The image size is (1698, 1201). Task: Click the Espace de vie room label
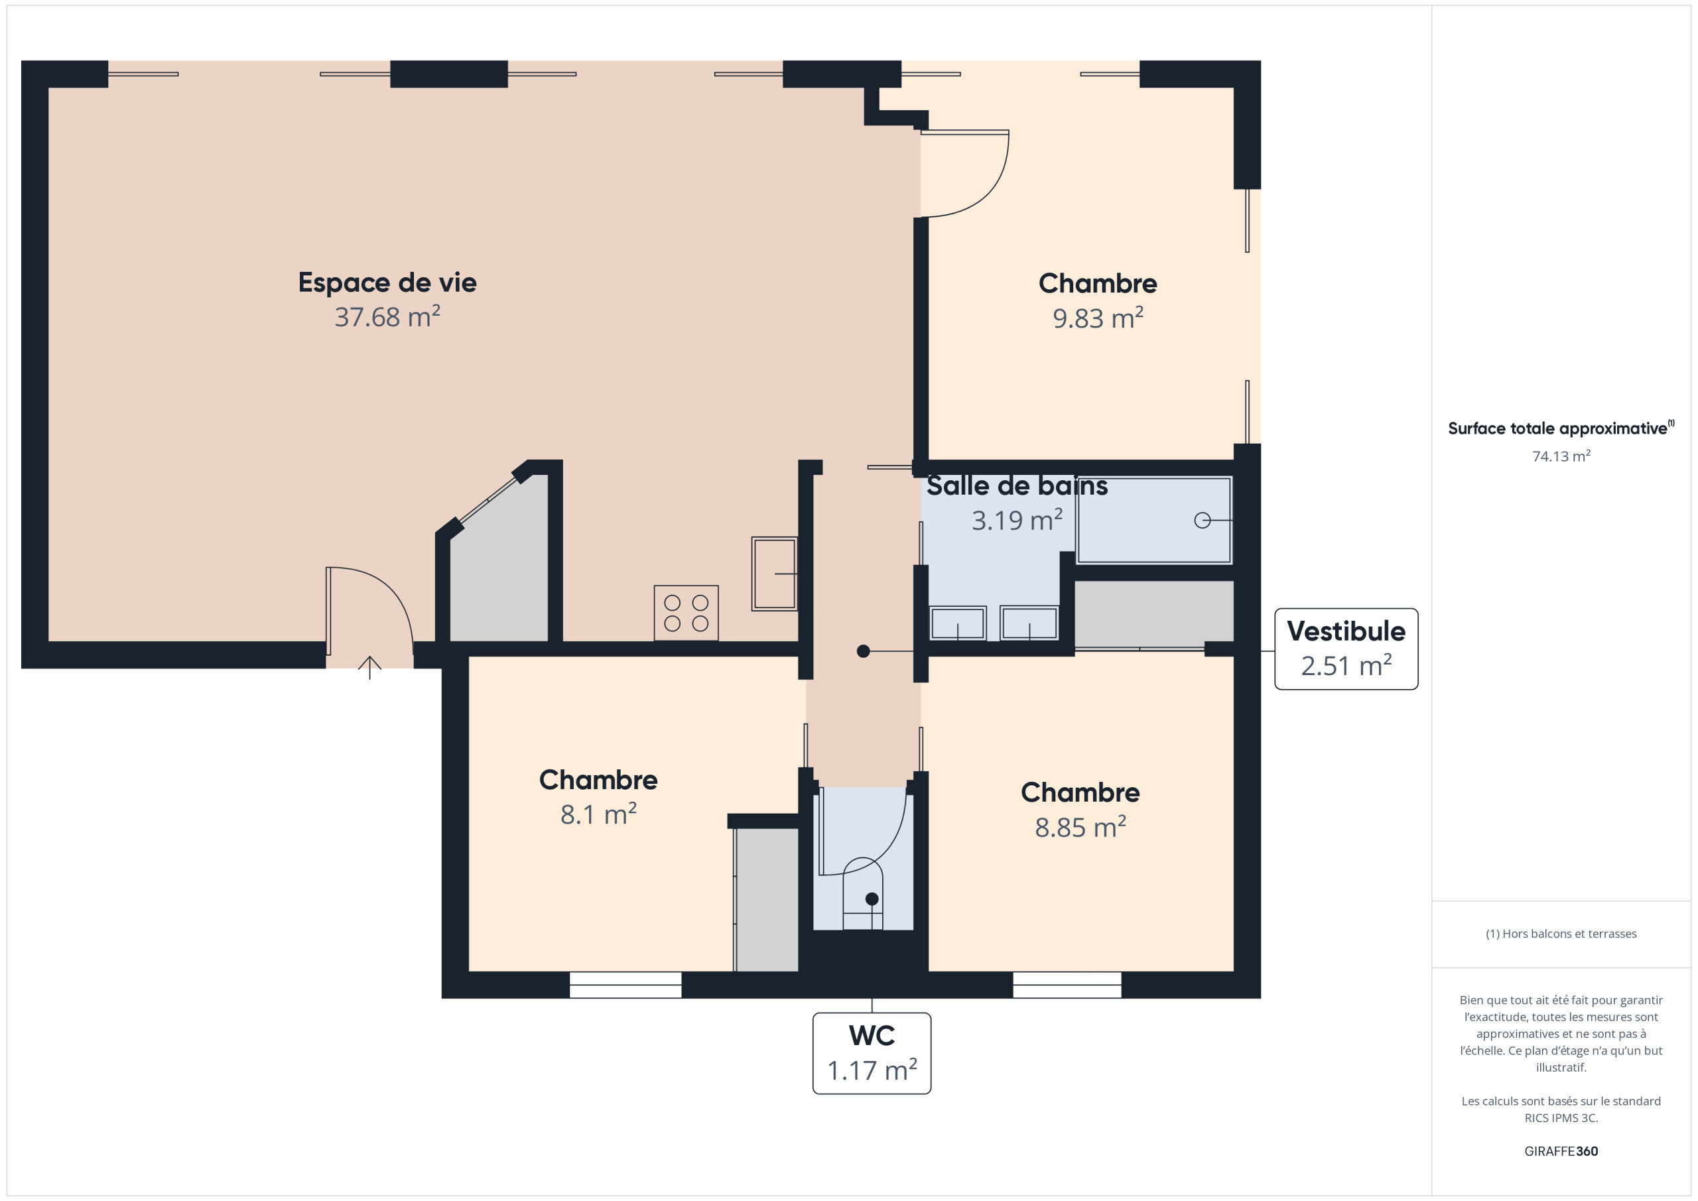[387, 283]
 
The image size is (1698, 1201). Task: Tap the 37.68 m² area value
[387, 316]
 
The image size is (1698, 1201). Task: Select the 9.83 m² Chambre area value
[1098, 318]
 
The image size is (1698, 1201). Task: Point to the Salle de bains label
[1017, 486]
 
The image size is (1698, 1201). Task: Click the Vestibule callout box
[1346, 649]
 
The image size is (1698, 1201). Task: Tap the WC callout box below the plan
[871, 1053]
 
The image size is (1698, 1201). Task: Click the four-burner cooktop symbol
[686, 613]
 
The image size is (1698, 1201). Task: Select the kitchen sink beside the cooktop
[774, 573]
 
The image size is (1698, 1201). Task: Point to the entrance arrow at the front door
[369, 667]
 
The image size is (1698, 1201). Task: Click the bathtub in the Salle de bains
[1153, 521]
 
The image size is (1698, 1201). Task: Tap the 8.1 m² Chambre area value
[598, 814]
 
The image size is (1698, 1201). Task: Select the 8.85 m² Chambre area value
[1080, 827]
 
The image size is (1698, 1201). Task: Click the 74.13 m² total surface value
[1561, 456]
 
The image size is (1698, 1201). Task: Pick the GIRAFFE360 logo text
[1561, 1151]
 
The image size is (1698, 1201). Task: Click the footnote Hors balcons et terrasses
[1561, 934]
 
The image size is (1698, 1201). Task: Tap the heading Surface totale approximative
[1561, 428]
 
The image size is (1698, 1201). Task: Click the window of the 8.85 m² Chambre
[1067, 985]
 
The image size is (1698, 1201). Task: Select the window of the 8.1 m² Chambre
[625, 985]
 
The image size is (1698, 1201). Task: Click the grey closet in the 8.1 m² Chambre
[767, 900]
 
